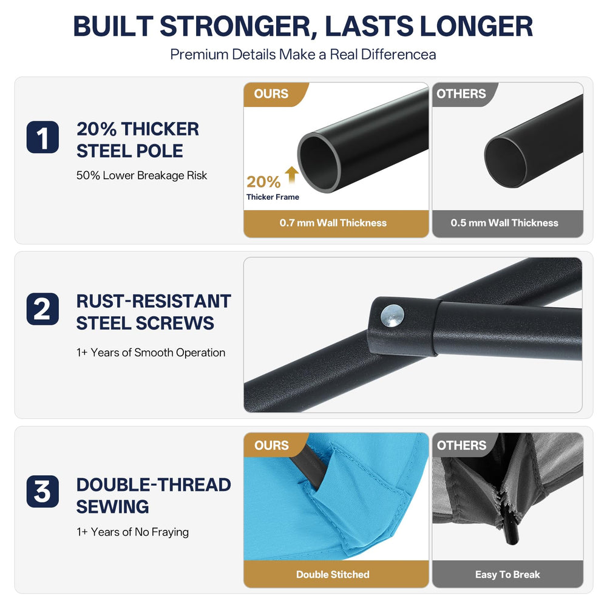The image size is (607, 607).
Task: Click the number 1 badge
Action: [x=42, y=137]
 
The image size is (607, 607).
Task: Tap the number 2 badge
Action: [x=42, y=309]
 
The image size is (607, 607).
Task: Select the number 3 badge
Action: [x=42, y=491]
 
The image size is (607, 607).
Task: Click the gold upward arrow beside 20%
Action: [x=292, y=175]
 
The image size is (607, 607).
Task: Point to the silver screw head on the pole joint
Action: [x=392, y=316]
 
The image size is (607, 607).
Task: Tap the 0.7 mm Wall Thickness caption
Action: [x=333, y=223]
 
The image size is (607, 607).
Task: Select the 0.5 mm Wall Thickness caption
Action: [x=504, y=223]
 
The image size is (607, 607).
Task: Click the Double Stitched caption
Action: [x=333, y=574]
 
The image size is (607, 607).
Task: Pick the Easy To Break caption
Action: [x=507, y=574]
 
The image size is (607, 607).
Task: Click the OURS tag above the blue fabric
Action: [x=271, y=445]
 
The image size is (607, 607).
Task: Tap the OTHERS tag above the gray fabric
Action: [x=461, y=445]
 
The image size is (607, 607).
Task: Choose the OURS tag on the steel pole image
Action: [x=271, y=93]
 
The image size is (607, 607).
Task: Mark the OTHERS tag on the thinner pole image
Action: [x=461, y=93]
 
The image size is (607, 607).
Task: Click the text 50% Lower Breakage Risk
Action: [x=141, y=176]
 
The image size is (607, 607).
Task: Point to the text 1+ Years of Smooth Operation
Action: [x=151, y=353]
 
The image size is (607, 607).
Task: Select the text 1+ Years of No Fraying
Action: [x=132, y=532]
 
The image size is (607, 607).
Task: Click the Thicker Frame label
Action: [x=273, y=197]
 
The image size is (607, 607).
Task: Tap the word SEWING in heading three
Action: [x=112, y=507]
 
